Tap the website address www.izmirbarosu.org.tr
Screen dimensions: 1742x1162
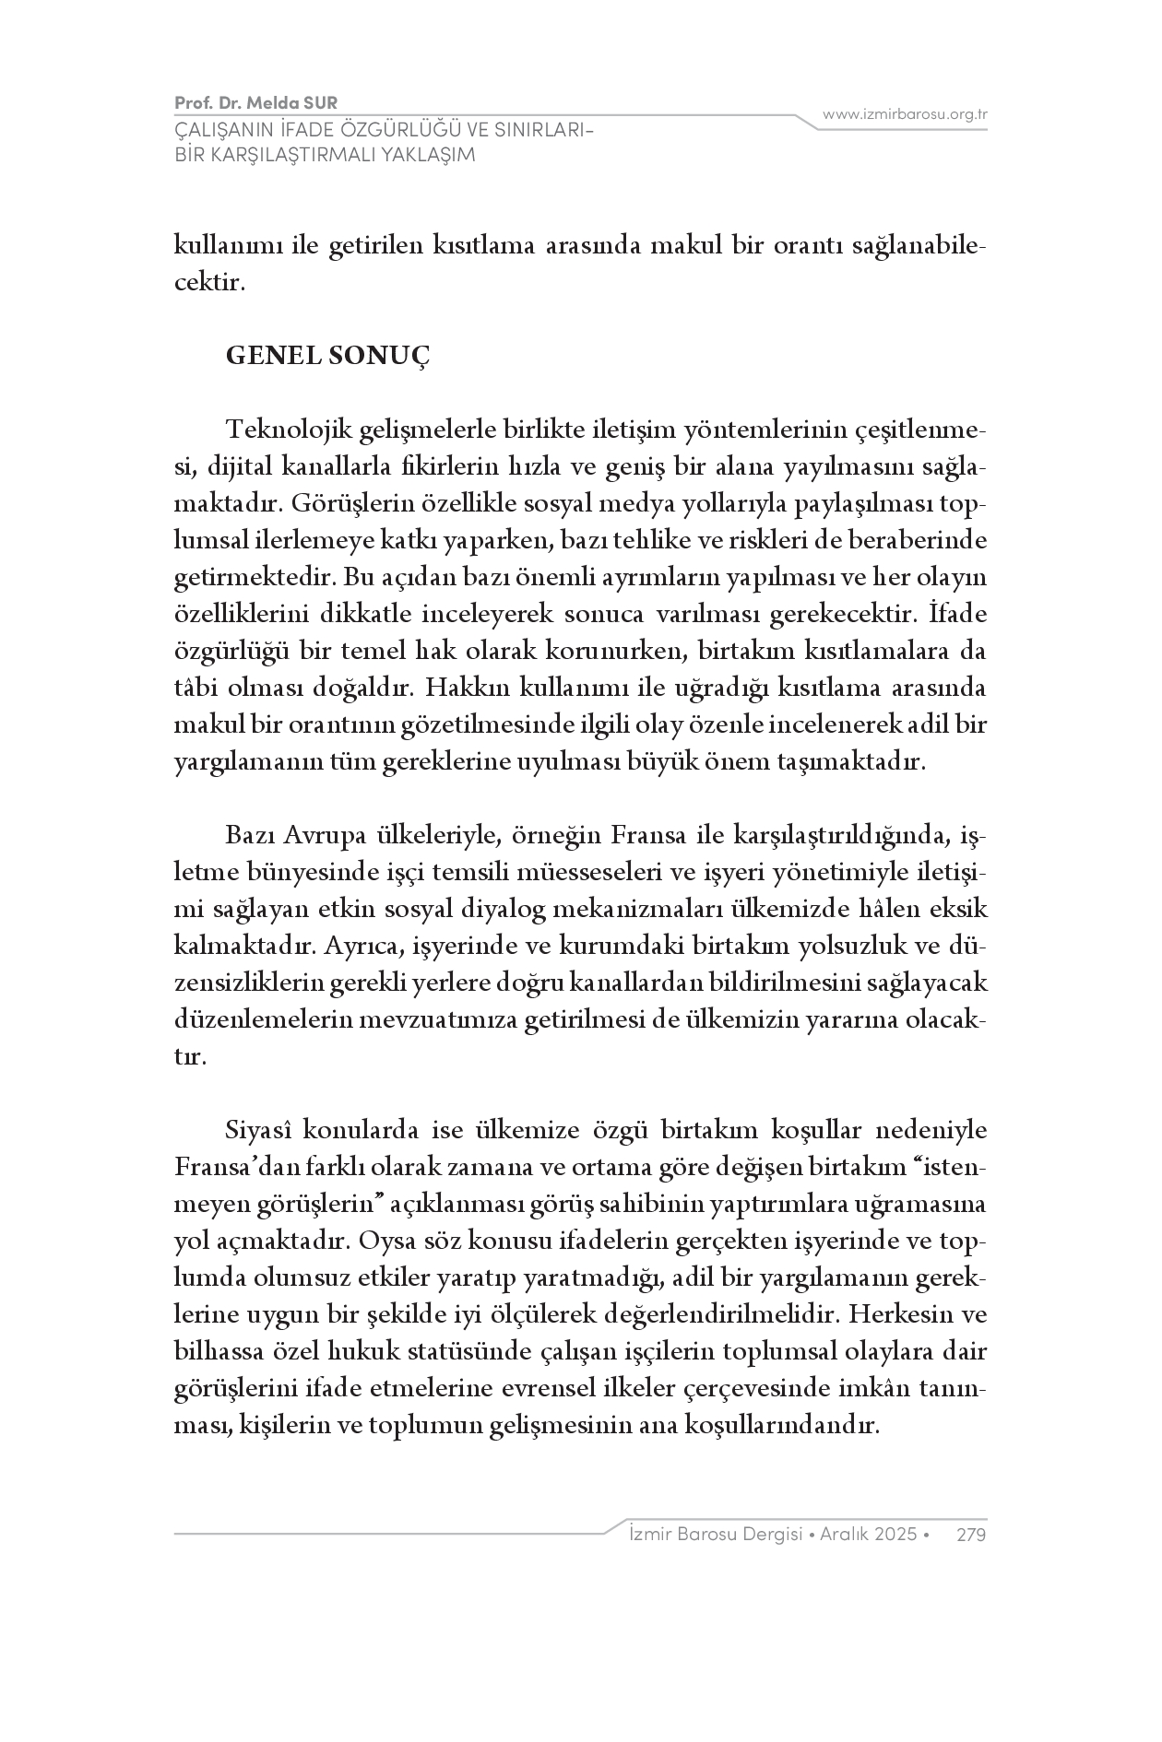click(905, 114)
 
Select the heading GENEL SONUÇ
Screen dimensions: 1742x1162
click(327, 356)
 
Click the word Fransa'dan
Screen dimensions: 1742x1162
click(225, 1167)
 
